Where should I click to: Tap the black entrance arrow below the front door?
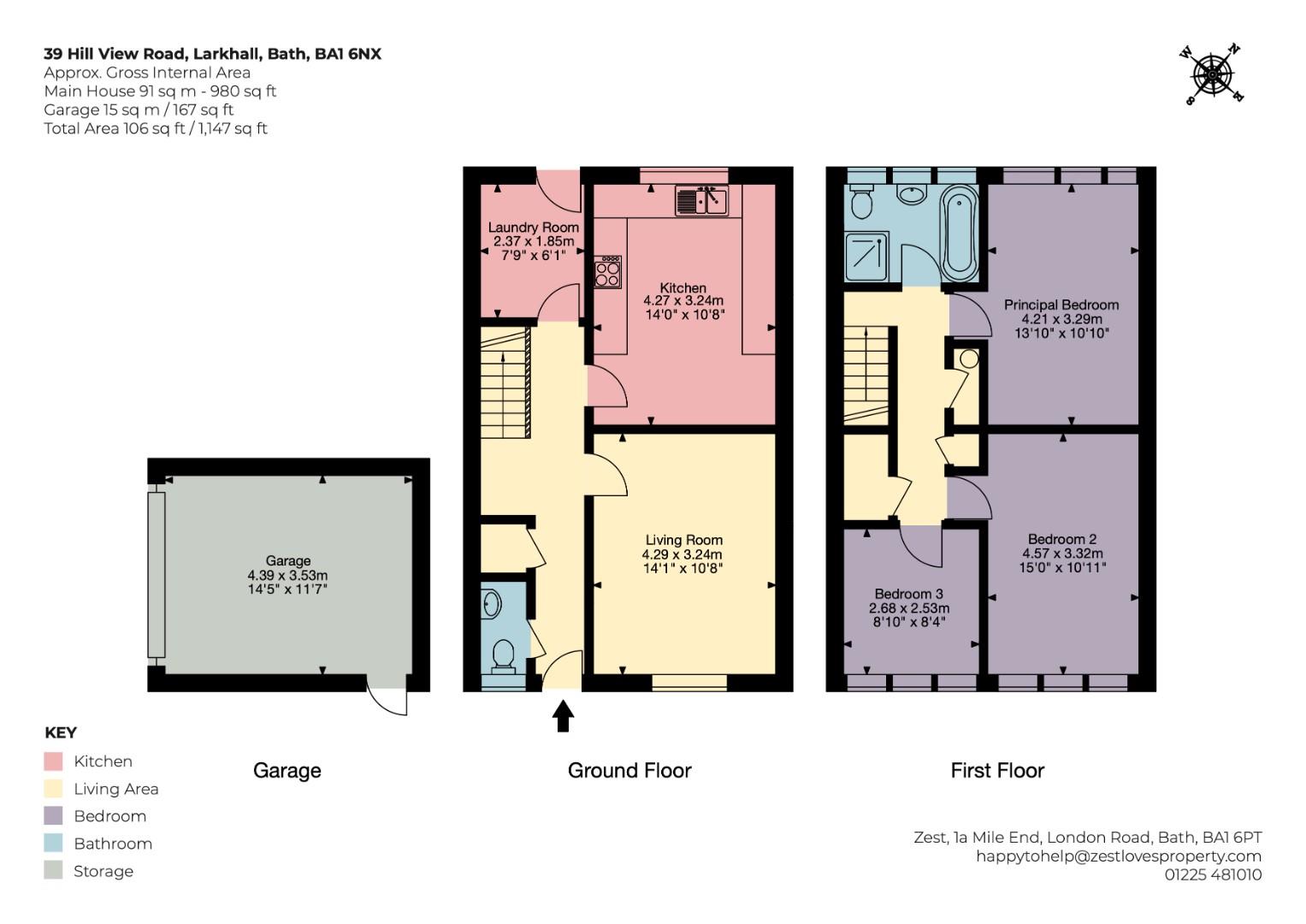tap(563, 716)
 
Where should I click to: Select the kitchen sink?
tap(701, 200)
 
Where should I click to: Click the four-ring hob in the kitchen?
tap(607, 272)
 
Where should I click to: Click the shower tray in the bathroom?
tap(866, 257)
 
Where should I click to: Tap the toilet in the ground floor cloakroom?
tap(503, 656)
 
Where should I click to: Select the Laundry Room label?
tap(534, 228)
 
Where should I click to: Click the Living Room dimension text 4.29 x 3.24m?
tap(683, 554)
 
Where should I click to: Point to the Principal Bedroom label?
tap(1061, 305)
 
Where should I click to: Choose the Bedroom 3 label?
tap(909, 594)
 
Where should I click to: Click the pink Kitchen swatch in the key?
tap(53, 761)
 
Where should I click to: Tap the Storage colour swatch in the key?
tap(53, 870)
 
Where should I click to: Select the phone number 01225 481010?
tap(1213, 874)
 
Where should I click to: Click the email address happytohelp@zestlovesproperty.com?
tap(1118, 856)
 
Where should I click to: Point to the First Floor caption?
tap(997, 771)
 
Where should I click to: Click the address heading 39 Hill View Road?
tap(115, 54)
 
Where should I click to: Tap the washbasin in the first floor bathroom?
tap(912, 194)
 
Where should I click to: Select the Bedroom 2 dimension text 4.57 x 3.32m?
tap(1062, 553)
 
